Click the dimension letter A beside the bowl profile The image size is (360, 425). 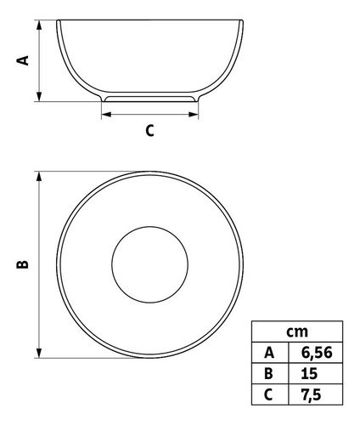click(23, 60)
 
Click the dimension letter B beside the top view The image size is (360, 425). click(23, 264)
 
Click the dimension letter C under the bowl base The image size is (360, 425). click(149, 131)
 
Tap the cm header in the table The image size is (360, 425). click(297, 331)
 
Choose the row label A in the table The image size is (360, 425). click(269, 353)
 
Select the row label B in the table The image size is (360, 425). click(268, 374)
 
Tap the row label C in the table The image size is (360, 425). click(268, 394)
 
